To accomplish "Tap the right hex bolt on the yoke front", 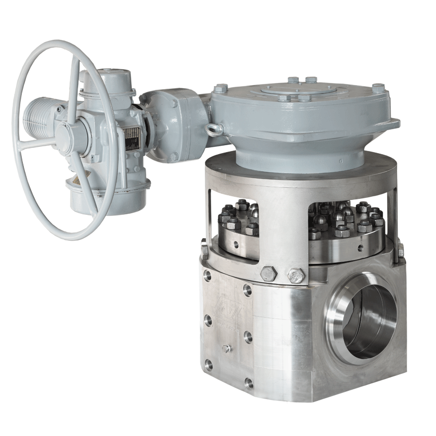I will pos(294,275).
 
